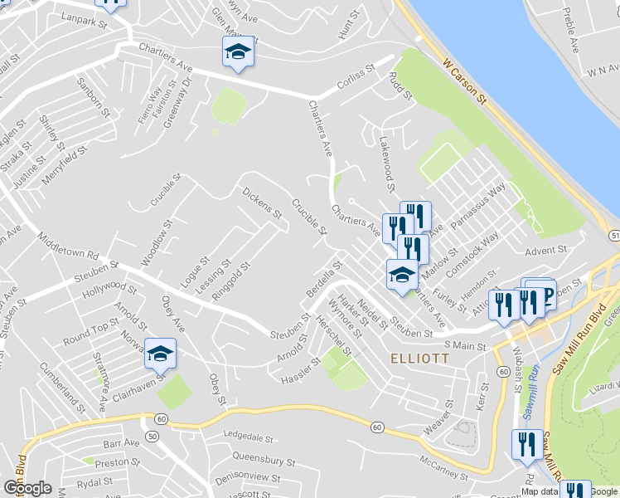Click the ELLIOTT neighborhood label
(x=419, y=359)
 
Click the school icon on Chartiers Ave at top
(x=238, y=52)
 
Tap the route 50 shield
(x=151, y=436)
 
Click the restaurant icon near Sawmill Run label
(x=526, y=446)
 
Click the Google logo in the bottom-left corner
(x=27, y=488)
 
